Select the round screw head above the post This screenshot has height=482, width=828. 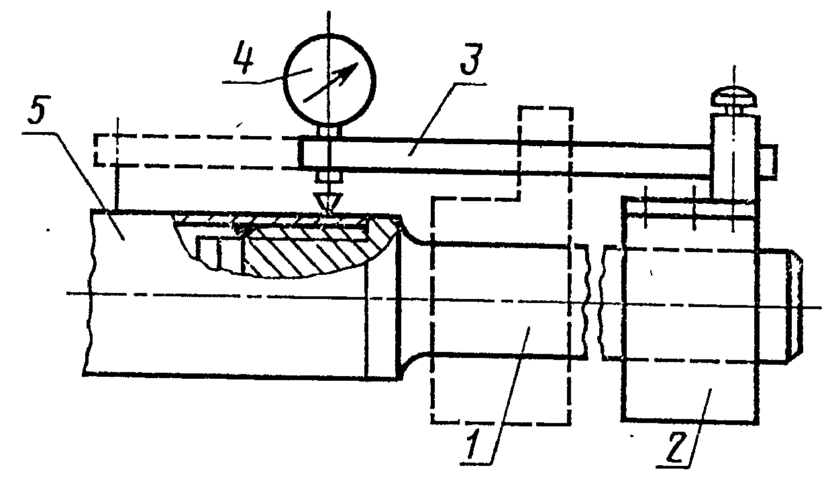tap(734, 97)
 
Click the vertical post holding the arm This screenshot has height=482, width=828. tap(735, 154)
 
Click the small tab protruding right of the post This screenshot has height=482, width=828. tap(769, 160)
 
